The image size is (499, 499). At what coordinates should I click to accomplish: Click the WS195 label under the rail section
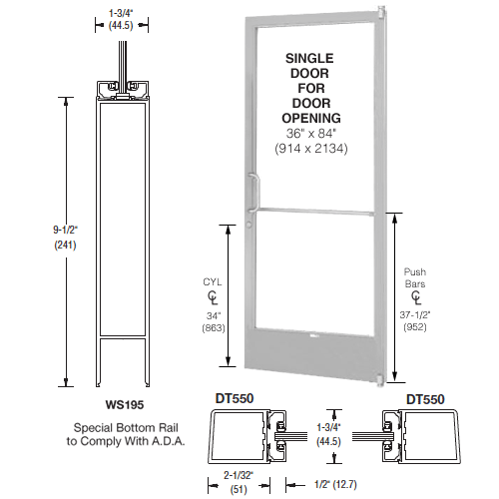pyautogui.click(x=125, y=404)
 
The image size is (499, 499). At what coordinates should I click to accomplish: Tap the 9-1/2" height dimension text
pyautogui.click(x=65, y=230)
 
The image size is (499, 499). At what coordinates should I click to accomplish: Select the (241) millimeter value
pyautogui.click(x=65, y=246)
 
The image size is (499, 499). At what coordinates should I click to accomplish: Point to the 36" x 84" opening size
pyautogui.click(x=311, y=134)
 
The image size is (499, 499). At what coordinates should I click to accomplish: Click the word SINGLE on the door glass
pyautogui.click(x=309, y=58)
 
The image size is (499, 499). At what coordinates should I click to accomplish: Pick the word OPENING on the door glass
pyautogui.click(x=311, y=118)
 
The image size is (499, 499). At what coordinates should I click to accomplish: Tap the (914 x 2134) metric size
pyautogui.click(x=311, y=149)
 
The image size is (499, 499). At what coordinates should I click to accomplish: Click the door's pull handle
pyautogui.click(x=254, y=193)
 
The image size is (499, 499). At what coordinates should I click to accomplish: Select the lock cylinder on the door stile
pyautogui.click(x=249, y=225)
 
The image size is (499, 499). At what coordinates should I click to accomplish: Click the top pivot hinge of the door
pyautogui.click(x=381, y=13)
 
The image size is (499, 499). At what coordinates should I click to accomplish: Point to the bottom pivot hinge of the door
pyautogui.click(x=381, y=381)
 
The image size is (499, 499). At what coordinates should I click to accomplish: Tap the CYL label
pyautogui.click(x=213, y=282)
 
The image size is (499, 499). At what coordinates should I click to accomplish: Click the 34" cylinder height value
pyautogui.click(x=214, y=315)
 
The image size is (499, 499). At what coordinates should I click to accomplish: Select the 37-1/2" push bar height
pyautogui.click(x=415, y=314)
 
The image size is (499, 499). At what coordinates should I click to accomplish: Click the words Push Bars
pyautogui.click(x=415, y=277)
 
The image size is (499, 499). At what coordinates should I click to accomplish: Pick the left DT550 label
pyautogui.click(x=235, y=398)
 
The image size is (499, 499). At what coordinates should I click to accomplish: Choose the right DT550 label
pyautogui.click(x=425, y=399)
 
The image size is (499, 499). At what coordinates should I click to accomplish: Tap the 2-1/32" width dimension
pyautogui.click(x=239, y=475)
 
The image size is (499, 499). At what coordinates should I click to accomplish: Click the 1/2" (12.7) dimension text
pyautogui.click(x=335, y=484)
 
